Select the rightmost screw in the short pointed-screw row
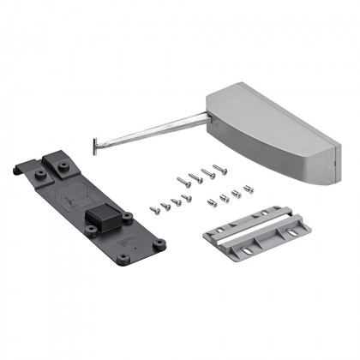click(187, 197)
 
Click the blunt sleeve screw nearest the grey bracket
click(212, 202)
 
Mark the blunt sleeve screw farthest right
click(249, 188)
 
